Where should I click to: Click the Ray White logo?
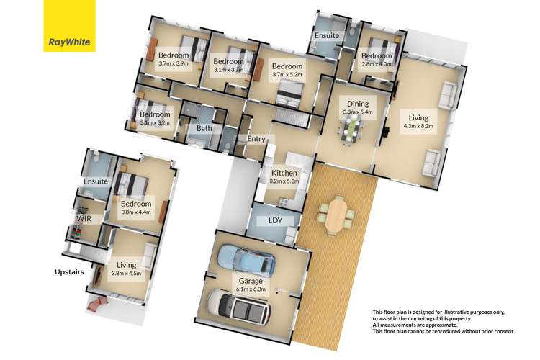(x=69, y=26)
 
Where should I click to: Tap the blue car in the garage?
(x=246, y=260)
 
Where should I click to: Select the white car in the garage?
(x=238, y=307)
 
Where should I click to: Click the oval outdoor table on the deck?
(x=336, y=216)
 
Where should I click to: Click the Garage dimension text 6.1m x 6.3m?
(x=251, y=289)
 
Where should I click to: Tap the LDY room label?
(x=275, y=220)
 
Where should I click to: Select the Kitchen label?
(x=284, y=173)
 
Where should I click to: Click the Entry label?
(x=256, y=138)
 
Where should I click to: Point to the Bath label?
(x=204, y=128)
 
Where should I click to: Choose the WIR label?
(x=84, y=219)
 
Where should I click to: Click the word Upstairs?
(x=69, y=272)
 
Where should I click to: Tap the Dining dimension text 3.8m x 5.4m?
(x=358, y=112)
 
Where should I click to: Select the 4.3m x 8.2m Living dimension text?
(x=418, y=126)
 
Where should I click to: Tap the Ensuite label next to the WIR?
(x=95, y=181)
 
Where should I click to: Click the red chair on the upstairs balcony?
(x=97, y=304)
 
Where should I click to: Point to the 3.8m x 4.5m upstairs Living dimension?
(x=127, y=274)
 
